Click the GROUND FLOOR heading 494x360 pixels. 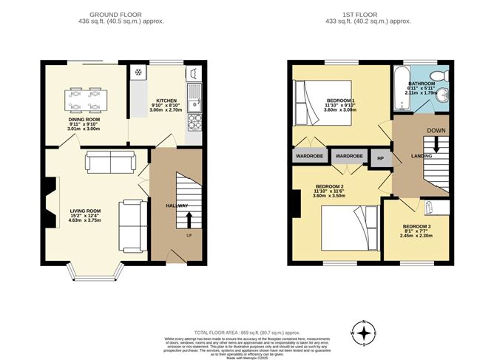pos(116,14)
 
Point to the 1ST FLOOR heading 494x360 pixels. pos(363,14)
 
